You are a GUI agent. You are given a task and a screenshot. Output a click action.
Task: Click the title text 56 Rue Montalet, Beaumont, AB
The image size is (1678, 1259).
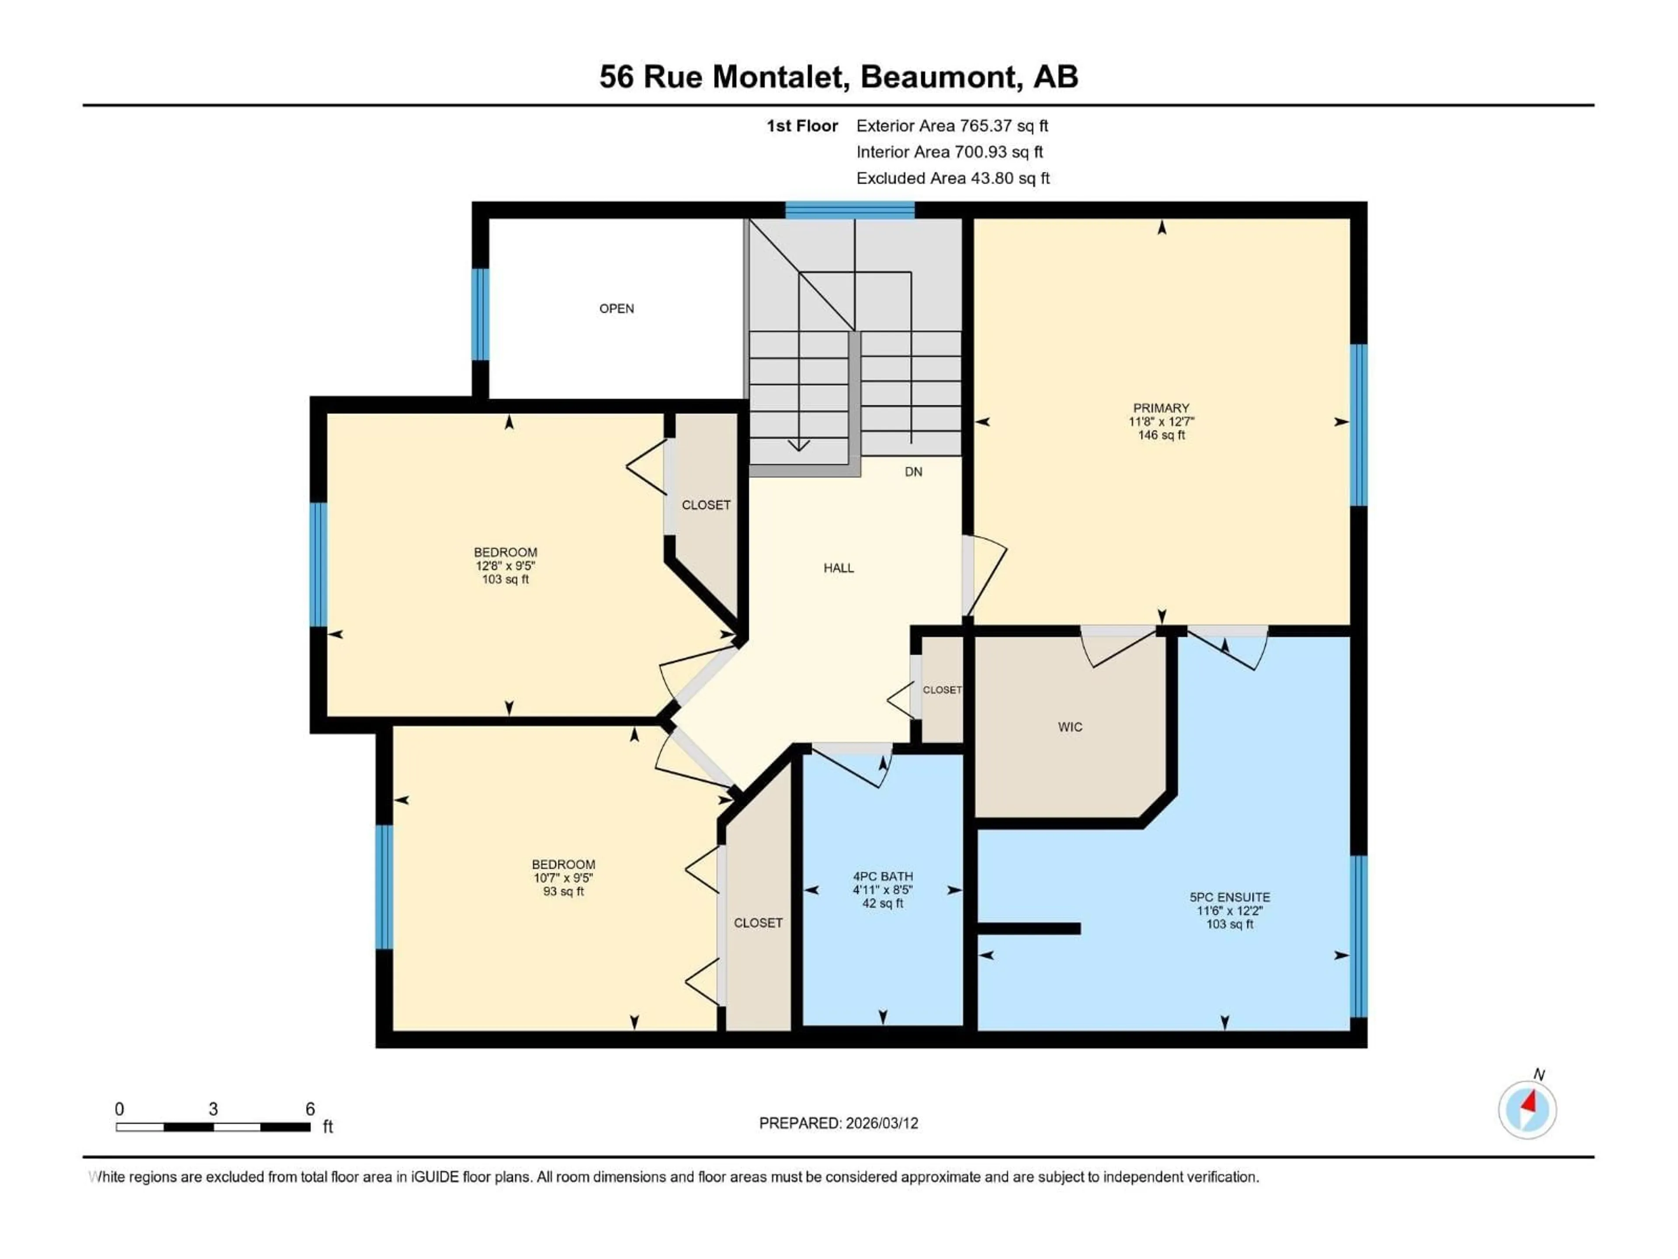point(838,77)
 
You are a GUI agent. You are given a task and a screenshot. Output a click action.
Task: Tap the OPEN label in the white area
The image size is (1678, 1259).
point(616,308)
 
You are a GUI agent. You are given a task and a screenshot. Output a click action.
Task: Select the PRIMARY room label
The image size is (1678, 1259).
point(1161,407)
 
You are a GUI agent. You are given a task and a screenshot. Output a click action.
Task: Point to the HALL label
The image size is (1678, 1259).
point(838,568)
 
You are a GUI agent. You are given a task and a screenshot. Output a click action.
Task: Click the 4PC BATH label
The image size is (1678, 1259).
point(882,876)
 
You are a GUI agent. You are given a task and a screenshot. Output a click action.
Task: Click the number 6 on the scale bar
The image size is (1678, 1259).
point(309,1109)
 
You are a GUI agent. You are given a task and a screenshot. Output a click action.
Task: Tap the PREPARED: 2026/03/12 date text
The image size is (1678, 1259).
point(838,1123)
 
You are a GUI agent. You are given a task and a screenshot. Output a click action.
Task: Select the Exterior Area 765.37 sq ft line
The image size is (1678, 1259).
point(952,126)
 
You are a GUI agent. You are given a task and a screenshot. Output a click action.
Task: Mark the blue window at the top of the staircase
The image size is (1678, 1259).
point(849,210)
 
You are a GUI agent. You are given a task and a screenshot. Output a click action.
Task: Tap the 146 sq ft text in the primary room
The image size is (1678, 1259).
point(1161,435)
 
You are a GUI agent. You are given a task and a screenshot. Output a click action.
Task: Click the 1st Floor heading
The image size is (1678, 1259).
point(802,126)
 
